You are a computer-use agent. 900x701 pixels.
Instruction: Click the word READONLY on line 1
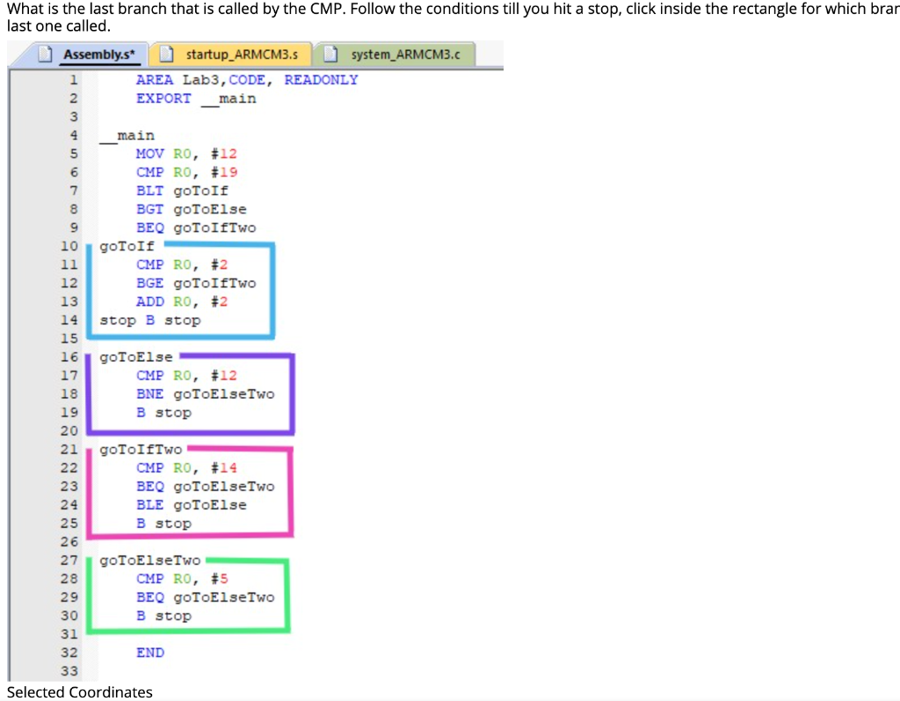pos(321,80)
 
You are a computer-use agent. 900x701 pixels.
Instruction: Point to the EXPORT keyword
pos(163,98)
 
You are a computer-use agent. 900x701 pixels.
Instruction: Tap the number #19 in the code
pos(224,172)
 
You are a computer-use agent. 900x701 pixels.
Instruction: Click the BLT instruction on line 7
pos(149,191)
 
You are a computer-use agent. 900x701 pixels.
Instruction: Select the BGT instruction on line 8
pos(149,209)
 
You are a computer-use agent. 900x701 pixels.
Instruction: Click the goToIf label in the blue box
pos(127,247)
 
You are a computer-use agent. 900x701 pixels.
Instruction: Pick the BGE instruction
pos(149,283)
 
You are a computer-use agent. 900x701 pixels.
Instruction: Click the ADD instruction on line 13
pos(149,301)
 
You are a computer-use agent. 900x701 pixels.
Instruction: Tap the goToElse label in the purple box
pos(136,358)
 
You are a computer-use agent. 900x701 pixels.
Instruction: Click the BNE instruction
pos(149,394)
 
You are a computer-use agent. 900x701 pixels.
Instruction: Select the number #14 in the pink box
pos(224,468)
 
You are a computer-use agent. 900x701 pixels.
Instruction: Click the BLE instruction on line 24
pos(149,505)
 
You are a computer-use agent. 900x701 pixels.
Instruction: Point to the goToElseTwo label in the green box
pos(150,560)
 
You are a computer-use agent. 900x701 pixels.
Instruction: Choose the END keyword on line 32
pos(149,653)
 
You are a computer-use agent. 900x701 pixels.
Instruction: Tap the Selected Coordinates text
pos(80,692)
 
